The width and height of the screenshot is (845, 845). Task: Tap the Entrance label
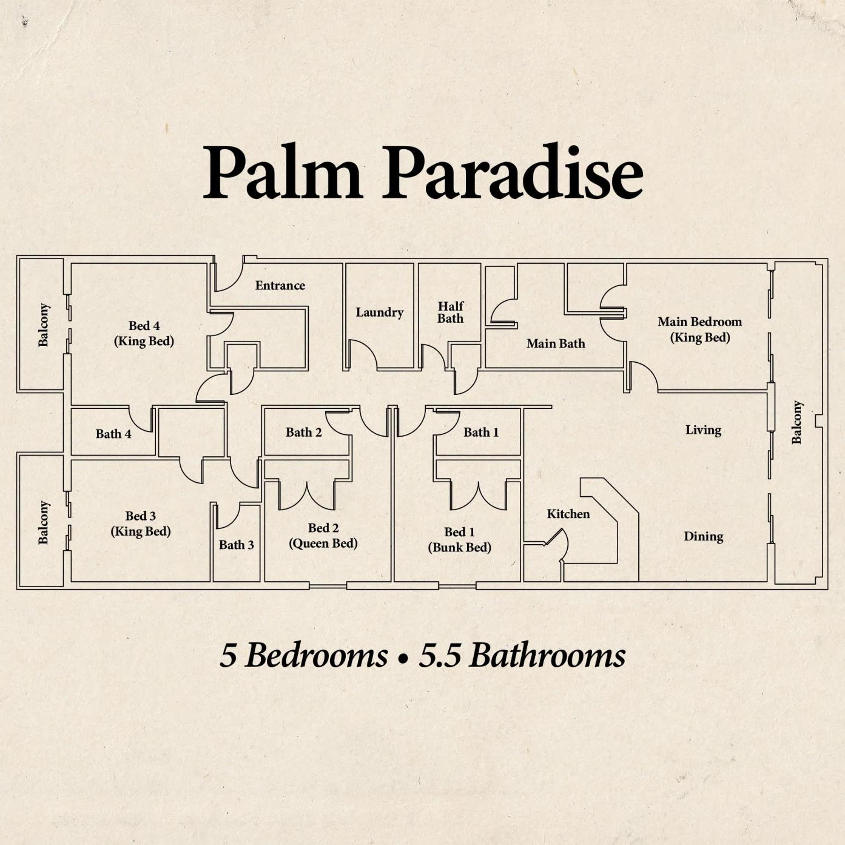click(280, 286)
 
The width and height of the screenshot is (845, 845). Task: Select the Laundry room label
click(379, 313)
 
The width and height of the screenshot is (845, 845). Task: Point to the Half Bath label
click(451, 312)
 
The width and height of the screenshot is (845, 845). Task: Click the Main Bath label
click(555, 343)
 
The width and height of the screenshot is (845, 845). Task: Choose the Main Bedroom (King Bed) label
click(700, 329)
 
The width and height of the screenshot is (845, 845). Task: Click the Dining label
click(703, 537)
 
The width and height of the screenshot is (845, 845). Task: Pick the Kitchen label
click(568, 514)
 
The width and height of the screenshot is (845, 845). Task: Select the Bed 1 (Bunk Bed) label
click(459, 540)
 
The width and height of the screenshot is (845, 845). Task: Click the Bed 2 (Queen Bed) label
click(323, 536)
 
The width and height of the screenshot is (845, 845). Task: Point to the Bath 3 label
click(236, 545)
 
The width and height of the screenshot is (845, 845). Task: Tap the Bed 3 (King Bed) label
click(140, 524)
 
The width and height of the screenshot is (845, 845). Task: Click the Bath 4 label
click(113, 434)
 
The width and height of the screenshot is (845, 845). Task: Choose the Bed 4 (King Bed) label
click(144, 333)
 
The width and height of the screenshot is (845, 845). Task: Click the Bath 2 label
click(304, 432)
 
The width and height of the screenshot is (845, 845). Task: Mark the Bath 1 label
click(481, 432)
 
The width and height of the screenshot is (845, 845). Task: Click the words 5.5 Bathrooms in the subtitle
click(522, 656)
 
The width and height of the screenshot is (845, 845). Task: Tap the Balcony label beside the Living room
click(797, 422)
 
